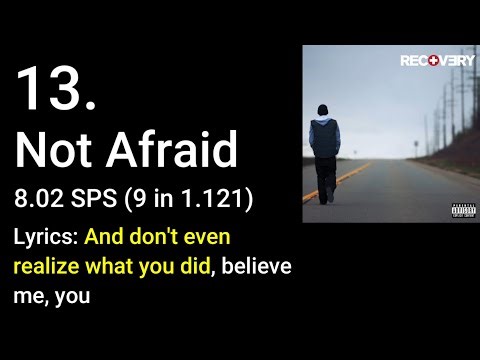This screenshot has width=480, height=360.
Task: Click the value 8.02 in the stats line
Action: click(43, 199)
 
